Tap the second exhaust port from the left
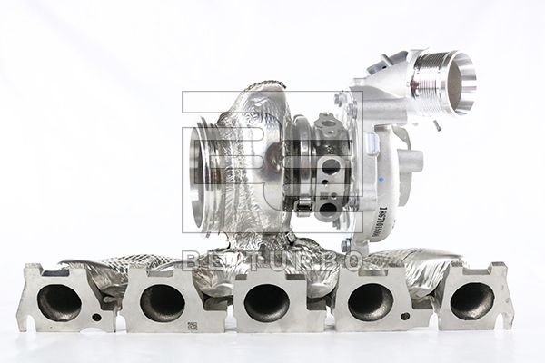coord(162,302)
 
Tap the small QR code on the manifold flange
coord(193,326)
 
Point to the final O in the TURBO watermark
coord(353,260)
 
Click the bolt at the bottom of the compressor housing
coord(345,244)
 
